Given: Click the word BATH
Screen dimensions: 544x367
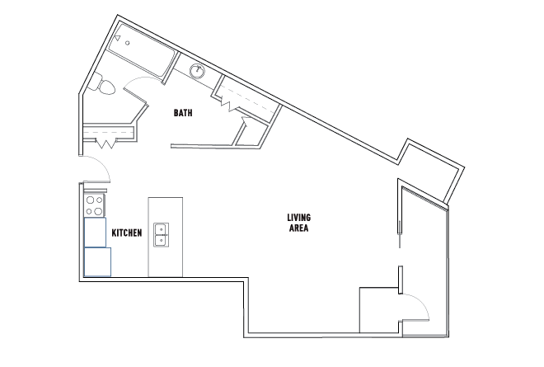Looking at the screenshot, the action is coord(183,113).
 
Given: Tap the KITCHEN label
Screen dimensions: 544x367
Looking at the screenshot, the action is coord(127,233).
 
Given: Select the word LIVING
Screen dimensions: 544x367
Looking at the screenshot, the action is coord(298,218).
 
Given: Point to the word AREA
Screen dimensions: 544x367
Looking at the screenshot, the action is coord(298,228).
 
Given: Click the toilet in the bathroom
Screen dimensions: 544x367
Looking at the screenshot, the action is coord(103,84).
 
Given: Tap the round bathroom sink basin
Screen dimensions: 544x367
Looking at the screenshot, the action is coord(198,71).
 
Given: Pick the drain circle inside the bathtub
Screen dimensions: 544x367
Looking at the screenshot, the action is coord(127,43).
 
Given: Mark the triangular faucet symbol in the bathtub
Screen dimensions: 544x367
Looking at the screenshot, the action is coord(118,37).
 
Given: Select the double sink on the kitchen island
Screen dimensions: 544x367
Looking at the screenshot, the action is coord(162,235).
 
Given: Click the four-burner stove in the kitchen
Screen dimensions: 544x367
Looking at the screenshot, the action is coord(94,205).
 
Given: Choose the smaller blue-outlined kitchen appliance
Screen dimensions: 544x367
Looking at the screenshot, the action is coord(95,233).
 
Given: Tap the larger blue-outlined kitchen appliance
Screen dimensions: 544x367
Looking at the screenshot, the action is coord(97,261).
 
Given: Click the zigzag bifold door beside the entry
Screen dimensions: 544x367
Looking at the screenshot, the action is coord(106,144).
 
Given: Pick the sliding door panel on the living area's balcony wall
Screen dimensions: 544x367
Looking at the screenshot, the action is coord(400,234).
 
